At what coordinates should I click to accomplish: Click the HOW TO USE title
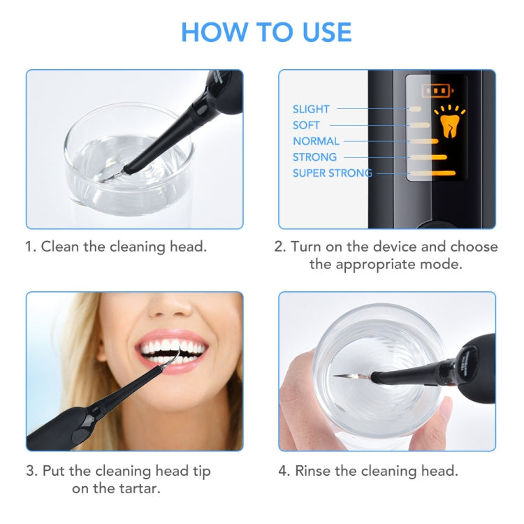pyautogui.click(x=266, y=32)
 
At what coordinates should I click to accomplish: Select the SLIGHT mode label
pyautogui.click(x=311, y=109)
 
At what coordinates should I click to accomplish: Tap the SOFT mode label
pyautogui.click(x=306, y=125)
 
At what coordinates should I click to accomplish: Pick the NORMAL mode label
pyautogui.click(x=316, y=141)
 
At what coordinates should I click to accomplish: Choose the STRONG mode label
pyautogui.click(x=314, y=157)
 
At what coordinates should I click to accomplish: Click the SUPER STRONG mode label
pyautogui.click(x=332, y=173)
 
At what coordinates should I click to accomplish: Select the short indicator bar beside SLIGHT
pyautogui.click(x=415, y=109)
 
